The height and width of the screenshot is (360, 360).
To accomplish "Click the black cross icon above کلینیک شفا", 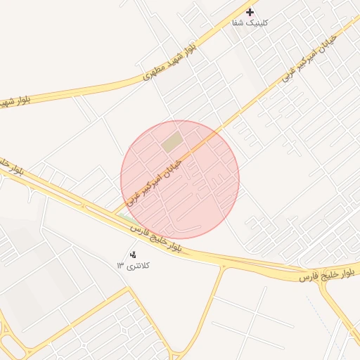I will pyautogui.click(x=250, y=12).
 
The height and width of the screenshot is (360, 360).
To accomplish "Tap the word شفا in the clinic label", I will pyautogui.click(x=239, y=23).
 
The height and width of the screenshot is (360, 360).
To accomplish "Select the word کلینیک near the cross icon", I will pyautogui.click(x=258, y=23).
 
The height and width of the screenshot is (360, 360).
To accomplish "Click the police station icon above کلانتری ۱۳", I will pyautogui.click(x=134, y=255).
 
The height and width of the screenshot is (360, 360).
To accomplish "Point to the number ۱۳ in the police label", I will pyautogui.click(x=121, y=266).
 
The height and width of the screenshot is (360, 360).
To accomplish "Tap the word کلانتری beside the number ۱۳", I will pyautogui.click(x=138, y=266).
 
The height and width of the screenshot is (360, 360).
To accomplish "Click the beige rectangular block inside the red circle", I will pyautogui.click(x=172, y=142).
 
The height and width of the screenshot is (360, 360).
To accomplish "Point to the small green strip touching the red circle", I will pyautogui.click(x=129, y=219).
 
